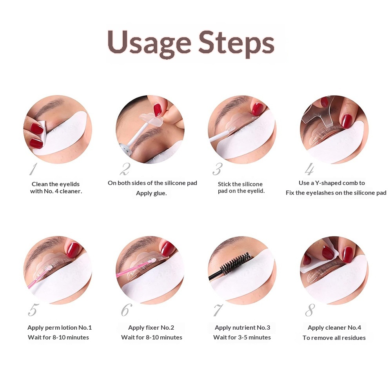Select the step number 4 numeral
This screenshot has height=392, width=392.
tap(309, 169)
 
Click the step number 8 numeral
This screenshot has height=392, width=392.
tap(310, 310)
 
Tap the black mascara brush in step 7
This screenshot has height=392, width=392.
tap(235, 263)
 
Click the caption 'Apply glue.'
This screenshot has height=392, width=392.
tap(151, 193)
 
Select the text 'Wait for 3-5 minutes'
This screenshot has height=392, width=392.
tap(242, 337)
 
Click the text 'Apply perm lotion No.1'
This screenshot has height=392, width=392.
tap(60, 327)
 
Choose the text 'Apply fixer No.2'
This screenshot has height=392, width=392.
tap(151, 327)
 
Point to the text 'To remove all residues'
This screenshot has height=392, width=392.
tap(334, 338)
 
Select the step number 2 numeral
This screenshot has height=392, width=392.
tap(125, 169)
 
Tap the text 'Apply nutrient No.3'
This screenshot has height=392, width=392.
tap(242, 327)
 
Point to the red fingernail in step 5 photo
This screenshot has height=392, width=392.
tap(73, 250)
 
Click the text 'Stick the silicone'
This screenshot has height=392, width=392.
tap(240, 184)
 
